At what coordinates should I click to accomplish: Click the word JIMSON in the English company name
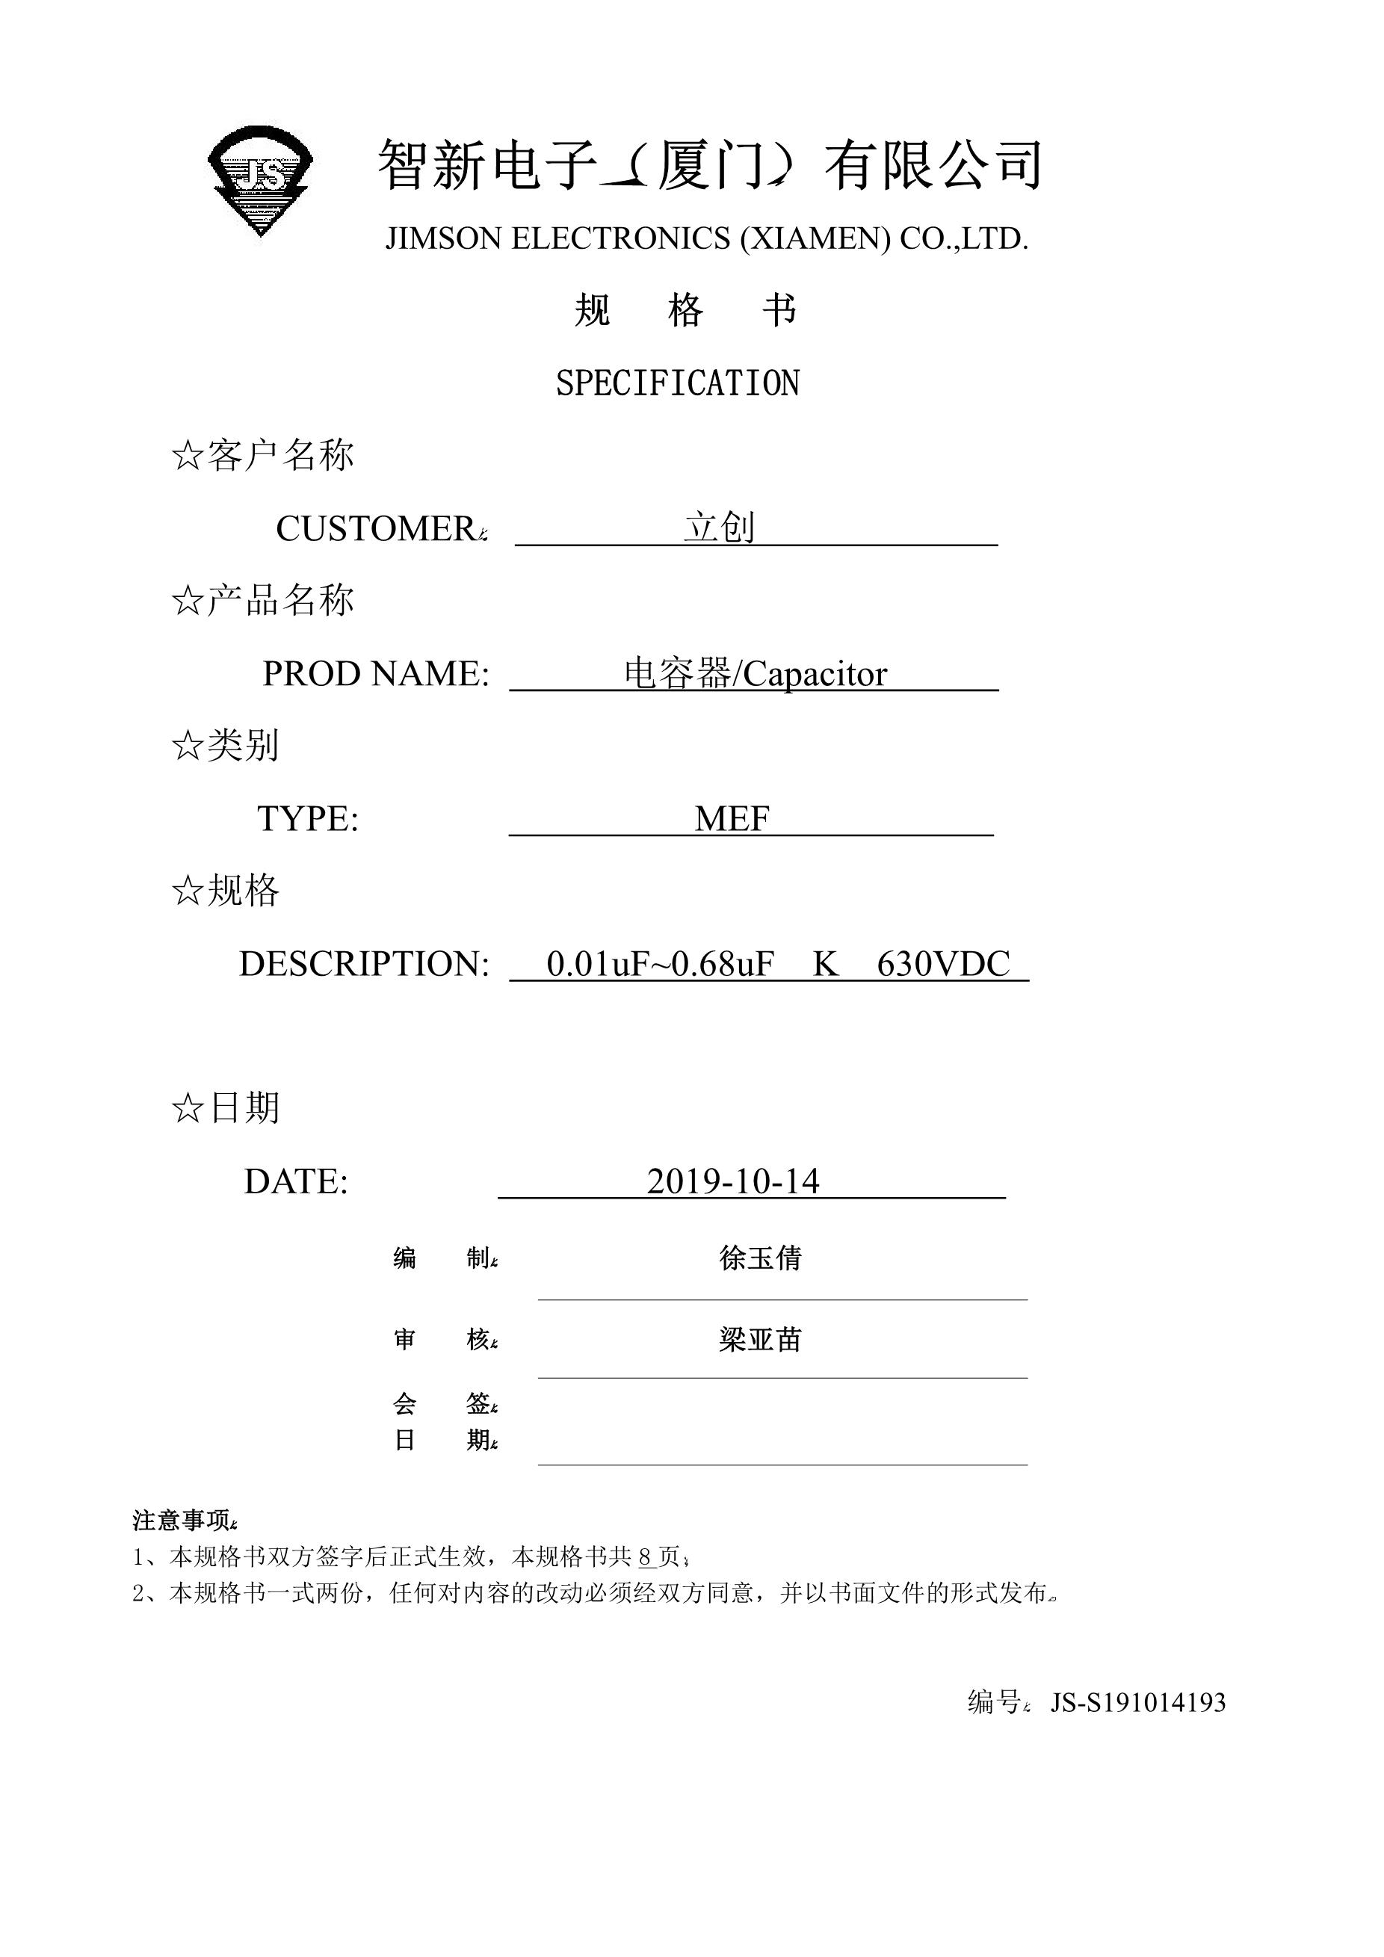click(443, 238)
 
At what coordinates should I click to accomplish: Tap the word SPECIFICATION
click(678, 383)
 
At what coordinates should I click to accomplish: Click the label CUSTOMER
click(376, 529)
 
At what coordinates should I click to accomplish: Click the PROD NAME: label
click(376, 674)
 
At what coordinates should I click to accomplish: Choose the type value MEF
click(732, 819)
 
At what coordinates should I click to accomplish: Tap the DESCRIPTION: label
click(364, 964)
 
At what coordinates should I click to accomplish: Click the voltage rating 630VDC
click(942, 964)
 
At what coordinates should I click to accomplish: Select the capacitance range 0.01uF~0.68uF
click(660, 964)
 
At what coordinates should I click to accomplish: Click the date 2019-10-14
click(733, 1181)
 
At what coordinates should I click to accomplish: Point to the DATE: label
click(296, 1181)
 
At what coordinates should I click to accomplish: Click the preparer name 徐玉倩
click(760, 1258)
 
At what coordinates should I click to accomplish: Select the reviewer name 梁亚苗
click(760, 1341)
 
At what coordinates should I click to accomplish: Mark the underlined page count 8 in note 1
click(645, 1557)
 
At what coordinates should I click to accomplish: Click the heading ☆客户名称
click(262, 456)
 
